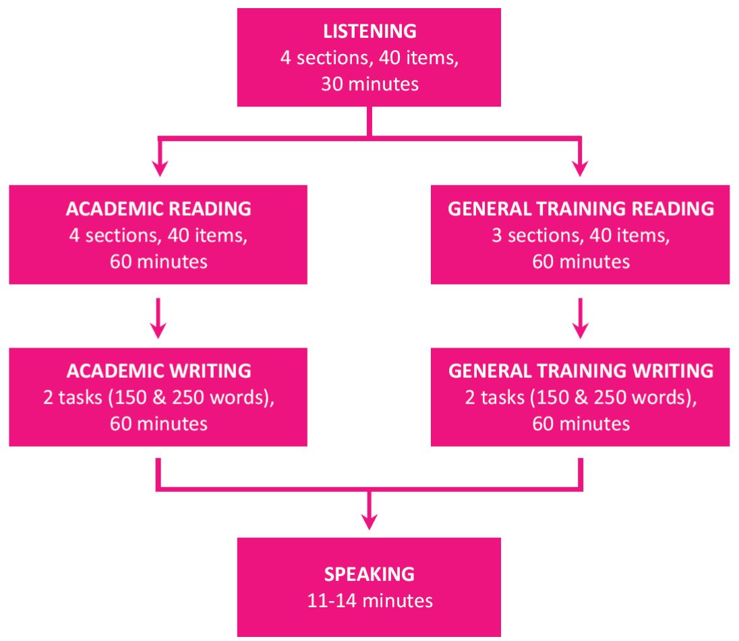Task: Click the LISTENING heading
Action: (369, 31)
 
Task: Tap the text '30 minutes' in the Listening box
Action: (369, 84)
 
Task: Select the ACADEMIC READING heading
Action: (158, 208)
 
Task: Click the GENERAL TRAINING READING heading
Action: (581, 208)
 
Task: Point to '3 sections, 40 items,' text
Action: (581, 235)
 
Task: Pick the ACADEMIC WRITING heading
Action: (158, 370)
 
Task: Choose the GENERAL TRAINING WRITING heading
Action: (581, 370)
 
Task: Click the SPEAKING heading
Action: (369, 574)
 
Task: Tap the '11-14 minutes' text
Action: (369, 600)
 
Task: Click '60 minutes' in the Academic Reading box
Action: (158, 261)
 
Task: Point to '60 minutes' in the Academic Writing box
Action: (158, 423)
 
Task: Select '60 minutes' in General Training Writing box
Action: (581, 423)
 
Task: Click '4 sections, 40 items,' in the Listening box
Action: (369, 58)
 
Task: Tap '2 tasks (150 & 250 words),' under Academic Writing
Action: (158, 397)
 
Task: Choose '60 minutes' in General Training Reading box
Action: (581, 261)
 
